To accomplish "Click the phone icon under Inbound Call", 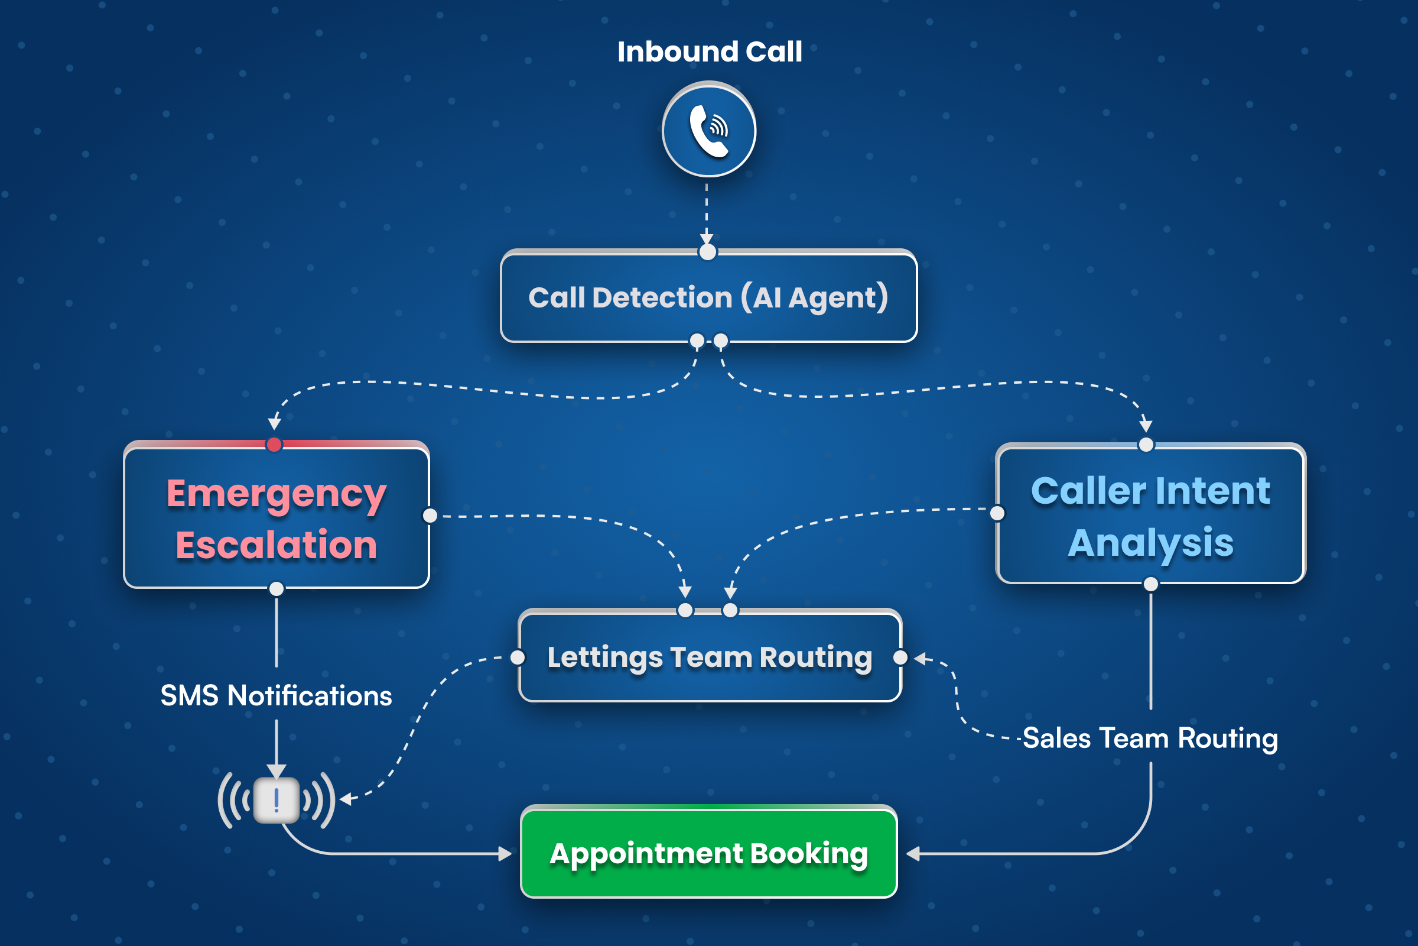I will pos(709,130).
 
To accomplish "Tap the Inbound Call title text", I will pos(709,52).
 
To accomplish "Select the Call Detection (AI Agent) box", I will pos(708,297).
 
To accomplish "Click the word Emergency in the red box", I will pos(276,494).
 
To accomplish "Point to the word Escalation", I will pos(276,545).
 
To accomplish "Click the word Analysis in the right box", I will pos(1150,543).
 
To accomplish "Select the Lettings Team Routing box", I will pos(710,657).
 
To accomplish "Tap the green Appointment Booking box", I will pos(708,853).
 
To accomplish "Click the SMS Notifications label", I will pos(276,696).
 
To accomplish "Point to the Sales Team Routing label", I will pos(1150,738).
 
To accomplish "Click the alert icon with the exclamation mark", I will pos(276,800).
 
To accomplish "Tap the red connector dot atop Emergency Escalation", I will pos(274,445).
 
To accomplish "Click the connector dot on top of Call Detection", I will pos(707,252).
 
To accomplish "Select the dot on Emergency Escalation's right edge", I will pos(430,515).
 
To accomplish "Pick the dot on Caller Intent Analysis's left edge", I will pos(997,513).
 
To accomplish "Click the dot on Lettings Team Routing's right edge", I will pos(900,657).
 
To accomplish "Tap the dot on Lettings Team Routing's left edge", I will pos(518,657).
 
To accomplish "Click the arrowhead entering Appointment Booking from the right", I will pos(913,854).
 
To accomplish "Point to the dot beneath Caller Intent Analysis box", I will pos(1150,584).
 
